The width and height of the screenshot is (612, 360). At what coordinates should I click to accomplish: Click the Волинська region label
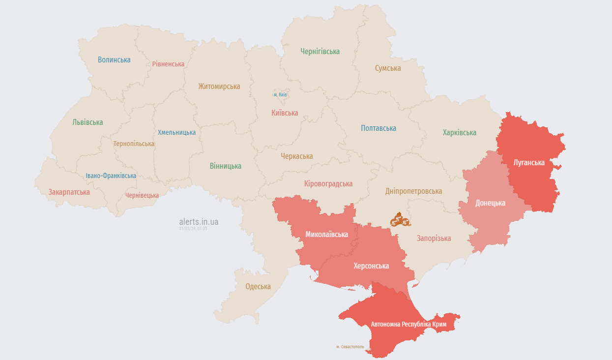tap(114, 60)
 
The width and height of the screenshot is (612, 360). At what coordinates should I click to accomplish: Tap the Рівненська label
tap(168, 64)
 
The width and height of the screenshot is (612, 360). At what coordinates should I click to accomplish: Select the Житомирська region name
tap(219, 87)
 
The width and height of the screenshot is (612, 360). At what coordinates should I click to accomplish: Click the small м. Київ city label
tap(280, 94)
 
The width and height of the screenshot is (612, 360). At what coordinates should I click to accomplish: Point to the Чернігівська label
tap(320, 51)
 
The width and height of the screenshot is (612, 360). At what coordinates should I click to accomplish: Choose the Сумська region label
tap(388, 68)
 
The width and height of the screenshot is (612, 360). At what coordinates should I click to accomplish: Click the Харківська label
tap(459, 133)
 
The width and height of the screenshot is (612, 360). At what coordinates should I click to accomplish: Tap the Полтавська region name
tap(379, 128)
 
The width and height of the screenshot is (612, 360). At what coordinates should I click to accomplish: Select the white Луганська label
tap(529, 162)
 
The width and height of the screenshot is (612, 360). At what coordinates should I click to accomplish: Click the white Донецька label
tap(490, 203)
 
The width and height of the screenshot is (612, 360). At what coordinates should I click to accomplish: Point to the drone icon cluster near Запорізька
tap(400, 220)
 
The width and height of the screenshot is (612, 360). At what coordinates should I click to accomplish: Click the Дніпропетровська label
tap(413, 191)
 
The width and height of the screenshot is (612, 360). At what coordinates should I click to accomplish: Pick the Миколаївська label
tap(326, 235)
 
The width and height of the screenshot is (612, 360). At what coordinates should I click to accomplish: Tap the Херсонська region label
tap(371, 266)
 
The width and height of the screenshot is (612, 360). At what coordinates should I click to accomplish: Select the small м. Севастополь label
tap(350, 347)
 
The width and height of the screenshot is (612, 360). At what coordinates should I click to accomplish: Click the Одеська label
tap(258, 287)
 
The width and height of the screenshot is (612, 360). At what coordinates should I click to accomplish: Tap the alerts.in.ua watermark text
tap(199, 222)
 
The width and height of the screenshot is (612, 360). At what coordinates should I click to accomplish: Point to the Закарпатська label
tap(69, 192)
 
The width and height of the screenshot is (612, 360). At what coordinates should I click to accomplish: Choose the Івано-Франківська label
tap(111, 176)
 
